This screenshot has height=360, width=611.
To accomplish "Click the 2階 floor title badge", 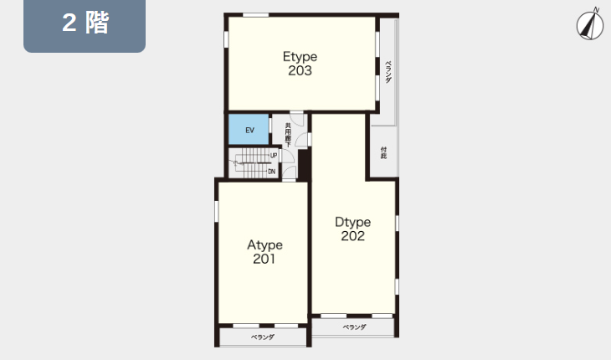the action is tap(85, 26).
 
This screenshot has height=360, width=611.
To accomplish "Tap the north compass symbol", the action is tap(590, 24).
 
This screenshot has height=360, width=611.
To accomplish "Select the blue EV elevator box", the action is tap(249, 130).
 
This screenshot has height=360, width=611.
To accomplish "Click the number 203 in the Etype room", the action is tap(300, 70).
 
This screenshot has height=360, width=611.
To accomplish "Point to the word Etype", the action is tap(300, 57).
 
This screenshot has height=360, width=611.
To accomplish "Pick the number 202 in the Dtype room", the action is tap(353, 236).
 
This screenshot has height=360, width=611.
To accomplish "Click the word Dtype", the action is tap(353, 223).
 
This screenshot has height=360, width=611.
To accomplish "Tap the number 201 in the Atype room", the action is tap(264, 259).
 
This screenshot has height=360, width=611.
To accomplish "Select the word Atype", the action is tap(265, 245).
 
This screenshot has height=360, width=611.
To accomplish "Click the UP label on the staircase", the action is tap(274, 156).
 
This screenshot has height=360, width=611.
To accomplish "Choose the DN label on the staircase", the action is tap(271, 172).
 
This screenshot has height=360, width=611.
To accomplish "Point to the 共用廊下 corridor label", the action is tap(288, 135).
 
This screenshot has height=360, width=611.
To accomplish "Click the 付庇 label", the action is tap(384, 152).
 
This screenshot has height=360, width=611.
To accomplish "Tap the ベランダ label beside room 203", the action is tap(388, 72).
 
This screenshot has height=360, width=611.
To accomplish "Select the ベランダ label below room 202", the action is tap(354, 327).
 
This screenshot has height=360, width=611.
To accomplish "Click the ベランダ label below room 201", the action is tap(263, 337).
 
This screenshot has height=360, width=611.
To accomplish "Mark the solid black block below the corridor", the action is tap(304, 165).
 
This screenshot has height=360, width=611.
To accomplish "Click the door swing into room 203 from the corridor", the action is tap(298, 119).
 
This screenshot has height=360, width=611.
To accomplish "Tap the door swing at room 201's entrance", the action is tap(290, 172).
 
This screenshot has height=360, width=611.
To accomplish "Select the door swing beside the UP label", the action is tap(287, 156).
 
